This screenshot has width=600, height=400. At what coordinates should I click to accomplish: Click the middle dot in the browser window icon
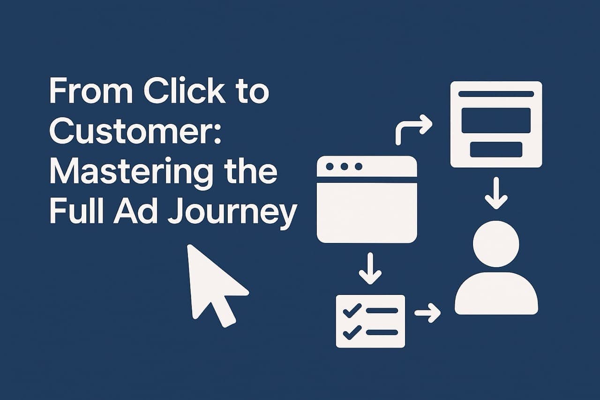pyautogui.click(x=345, y=166)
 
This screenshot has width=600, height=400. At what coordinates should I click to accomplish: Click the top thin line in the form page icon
pyautogui.click(x=496, y=94)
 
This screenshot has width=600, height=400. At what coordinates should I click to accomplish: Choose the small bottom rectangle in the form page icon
pyautogui.click(x=496, y=149)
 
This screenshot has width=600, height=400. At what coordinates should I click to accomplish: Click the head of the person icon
pyautogui.click(x=496, y=244)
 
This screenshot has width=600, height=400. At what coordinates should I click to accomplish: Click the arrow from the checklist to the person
pyautogui.click(x=427, y=313)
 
